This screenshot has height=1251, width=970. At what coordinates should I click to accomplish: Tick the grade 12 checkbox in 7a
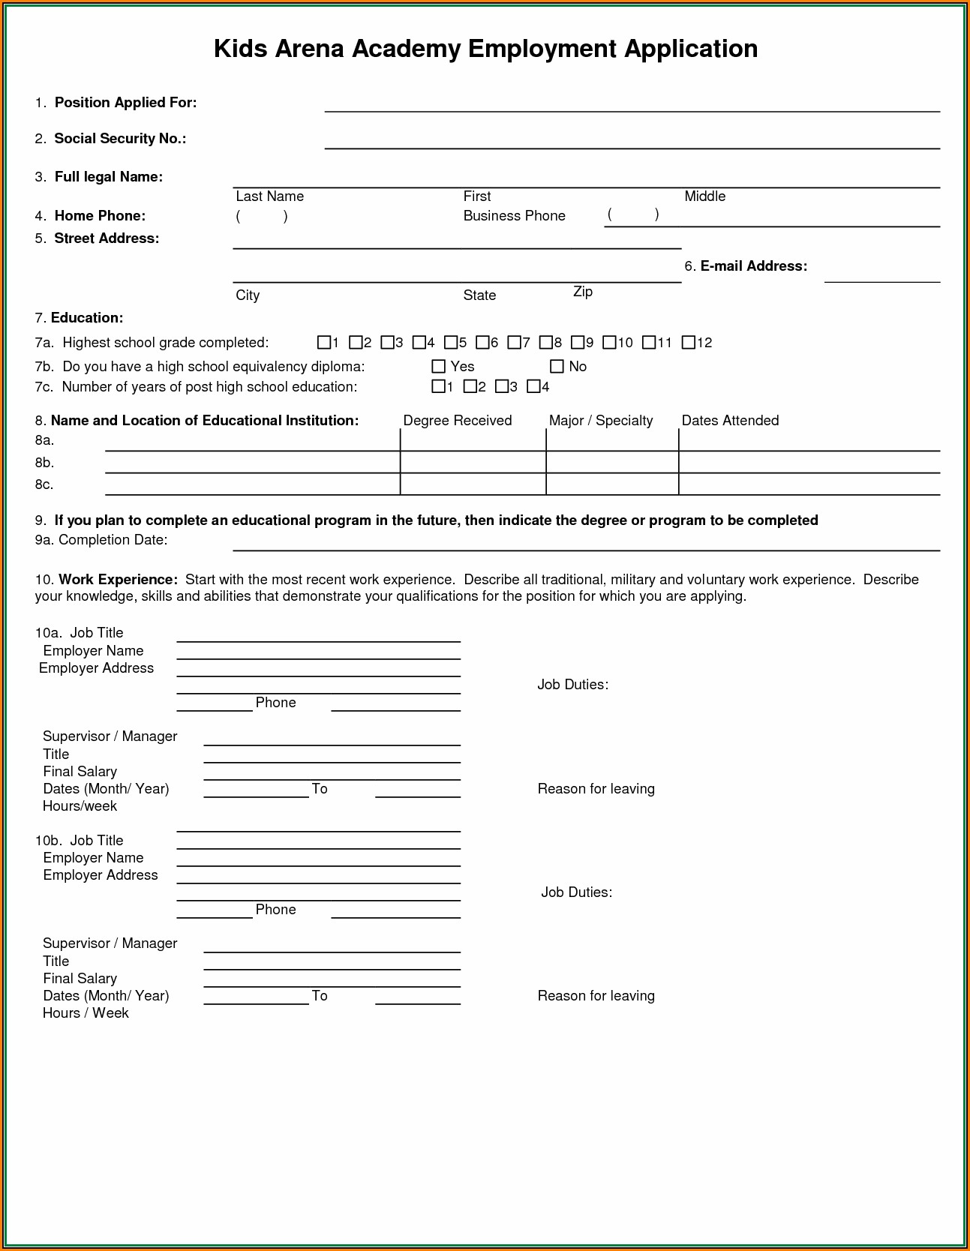pyautogui.click(x=688, y=343)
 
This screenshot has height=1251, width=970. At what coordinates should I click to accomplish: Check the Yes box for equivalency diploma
pyautogui.click(x=439, y=367)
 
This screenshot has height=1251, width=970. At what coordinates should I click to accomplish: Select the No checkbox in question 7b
pyautogui.click(x=557, y=367)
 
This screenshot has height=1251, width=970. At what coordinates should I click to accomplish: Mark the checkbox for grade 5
pyautogui.click(x=451, y=343)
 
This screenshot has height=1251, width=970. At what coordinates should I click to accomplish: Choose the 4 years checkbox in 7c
pyautogui.click(x=533, y=387)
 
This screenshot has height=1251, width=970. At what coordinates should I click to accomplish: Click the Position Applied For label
pyautogui.click(x=125, y=103)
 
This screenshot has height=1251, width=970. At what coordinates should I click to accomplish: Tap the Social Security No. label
pyautogui.click(x=120, y=139)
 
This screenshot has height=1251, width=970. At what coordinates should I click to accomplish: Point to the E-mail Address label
pyautogui.click(x=753, y=266)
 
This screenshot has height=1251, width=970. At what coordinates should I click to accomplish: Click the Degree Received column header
pyautogui.click(x=458, y=421)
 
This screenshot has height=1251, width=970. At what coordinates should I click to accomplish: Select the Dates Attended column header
pyautogui.click(x=730, y=421)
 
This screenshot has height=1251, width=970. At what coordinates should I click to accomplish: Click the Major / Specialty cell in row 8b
pyautogui.click(x=612, y=462)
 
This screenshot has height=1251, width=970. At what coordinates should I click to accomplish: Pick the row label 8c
pyautogui.click(x=44, y=484)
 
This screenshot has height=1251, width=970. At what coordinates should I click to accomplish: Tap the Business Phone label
pyautogui.click(x=514, y=216)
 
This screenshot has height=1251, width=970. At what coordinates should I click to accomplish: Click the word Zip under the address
pyautogui.click(x=583, y=292)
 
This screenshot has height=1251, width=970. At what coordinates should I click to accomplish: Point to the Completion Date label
pyautogui.click(x=113, y=540)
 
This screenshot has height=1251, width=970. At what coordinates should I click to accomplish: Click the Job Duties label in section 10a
pyautogui.click(x=572, y=685)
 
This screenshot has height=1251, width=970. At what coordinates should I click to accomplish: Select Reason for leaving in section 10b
pyautogui.click(x=596, y=996)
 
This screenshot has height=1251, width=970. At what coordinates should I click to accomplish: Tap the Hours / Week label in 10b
pyautogui.click(x=86, y=1013)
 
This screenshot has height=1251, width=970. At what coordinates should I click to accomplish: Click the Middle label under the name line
pyautogui.click(x=704, y=196)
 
